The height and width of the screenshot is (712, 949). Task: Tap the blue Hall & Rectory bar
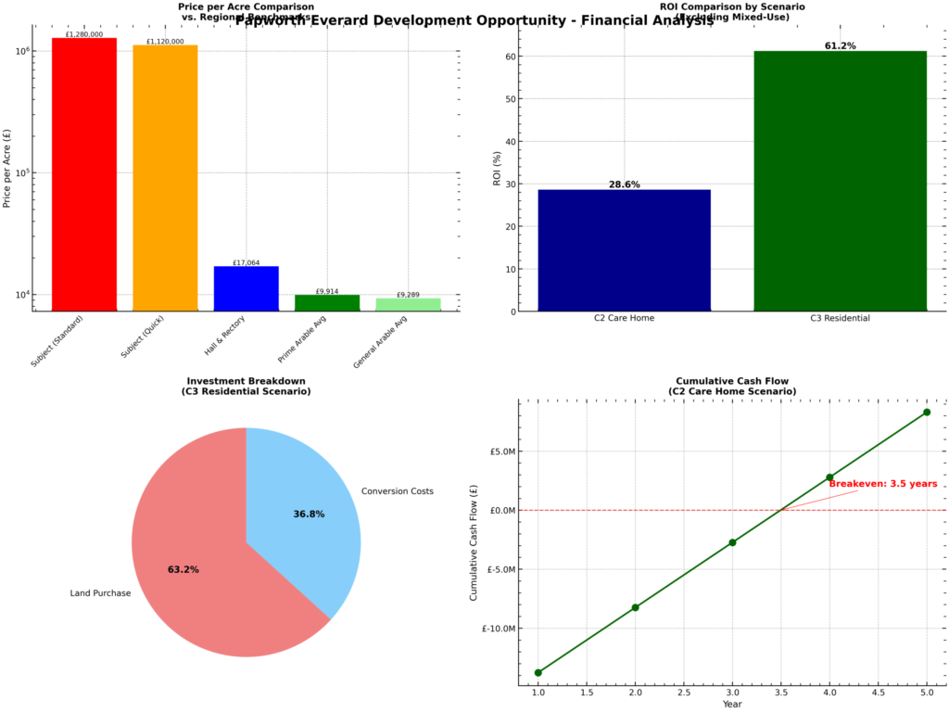click(x=246, y=288)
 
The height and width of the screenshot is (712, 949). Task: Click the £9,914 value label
click(x=327, y=291)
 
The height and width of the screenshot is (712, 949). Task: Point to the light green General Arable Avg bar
click(x=408, y=304)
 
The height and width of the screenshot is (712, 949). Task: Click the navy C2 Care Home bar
click(x=624, y=250)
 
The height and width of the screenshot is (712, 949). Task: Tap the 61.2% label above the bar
click(x=840, y=45)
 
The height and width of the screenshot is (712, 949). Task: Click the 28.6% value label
click(x=624, y=184)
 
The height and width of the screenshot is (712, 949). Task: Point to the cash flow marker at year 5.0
click(x=927, y=412)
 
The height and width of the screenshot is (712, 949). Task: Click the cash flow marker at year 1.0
click(x=538, y=672)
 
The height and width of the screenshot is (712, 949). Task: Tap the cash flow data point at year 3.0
click(x=732, y=542)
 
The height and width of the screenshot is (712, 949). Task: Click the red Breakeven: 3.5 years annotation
click(x=882, y=484)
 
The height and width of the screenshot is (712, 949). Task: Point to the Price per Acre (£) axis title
click(x=8, y=167)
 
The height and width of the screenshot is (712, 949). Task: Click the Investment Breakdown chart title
click(x=246, y=387)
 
